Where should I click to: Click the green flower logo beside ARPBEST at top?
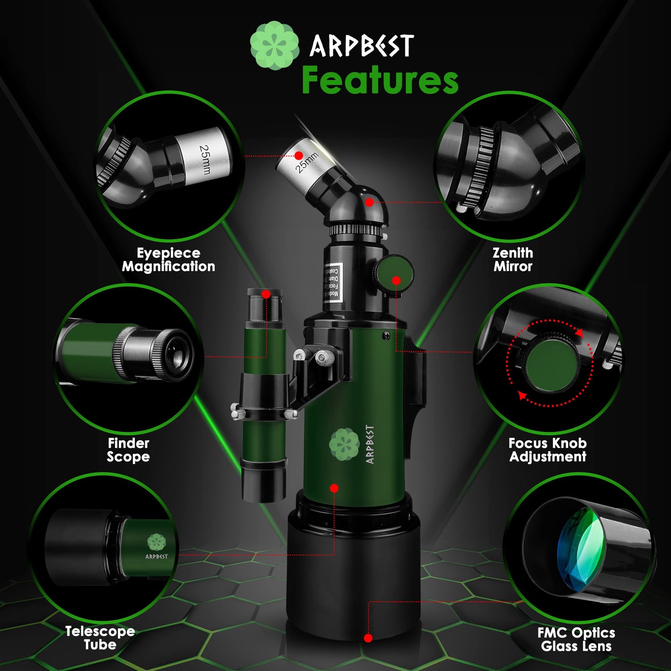(x=274, y=46)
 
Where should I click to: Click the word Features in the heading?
(x=380, y=80)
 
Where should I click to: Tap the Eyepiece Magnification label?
(x=168, y=260)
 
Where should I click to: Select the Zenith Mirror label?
(x=513, y=260)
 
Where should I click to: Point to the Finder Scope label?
(x=128, y=450)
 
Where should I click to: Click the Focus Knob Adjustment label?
(x=547, y=450)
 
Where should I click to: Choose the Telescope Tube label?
(x=100, y=638)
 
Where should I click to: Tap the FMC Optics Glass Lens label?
(x=576, y=639)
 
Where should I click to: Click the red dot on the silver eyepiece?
(x=299, y=156)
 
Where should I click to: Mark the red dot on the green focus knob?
(x=396, y=280)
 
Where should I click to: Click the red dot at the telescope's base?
(x=368, y=638)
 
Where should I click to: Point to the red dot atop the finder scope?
(x=266, y=294)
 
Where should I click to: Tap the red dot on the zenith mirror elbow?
(x=369, y=202)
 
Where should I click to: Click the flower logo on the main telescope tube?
(x=344, y=444)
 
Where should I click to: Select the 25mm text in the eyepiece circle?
(x=205, y=159)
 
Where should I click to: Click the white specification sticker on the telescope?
(x=333, y=282)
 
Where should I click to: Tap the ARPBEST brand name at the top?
(x=362, y=46)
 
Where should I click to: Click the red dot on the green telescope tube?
(x=334, y=488)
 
